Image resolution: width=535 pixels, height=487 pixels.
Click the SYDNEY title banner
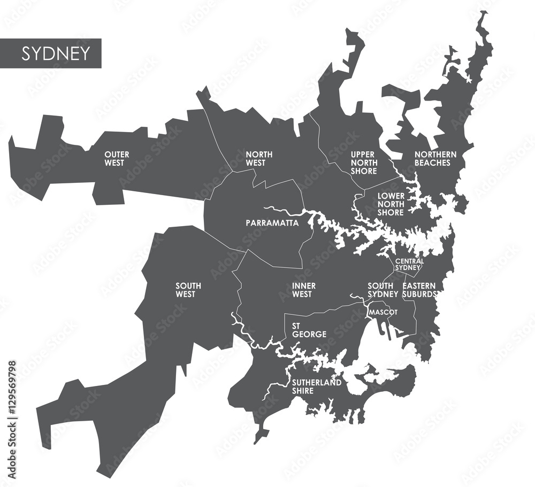[x=51, y=53]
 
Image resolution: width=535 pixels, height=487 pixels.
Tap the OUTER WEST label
[x=117, y=158]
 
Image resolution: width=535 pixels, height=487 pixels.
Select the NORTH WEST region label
[x=259, y=158]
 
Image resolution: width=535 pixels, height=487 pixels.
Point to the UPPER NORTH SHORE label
[x=364, y=163]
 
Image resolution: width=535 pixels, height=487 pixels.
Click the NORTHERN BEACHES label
[x=435, y=158]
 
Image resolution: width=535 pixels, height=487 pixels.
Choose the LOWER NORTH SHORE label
[x=391, y=204]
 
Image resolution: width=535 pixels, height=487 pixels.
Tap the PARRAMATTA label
[x=272, y=223]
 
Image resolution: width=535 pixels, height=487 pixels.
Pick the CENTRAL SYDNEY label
[x=409, y=264]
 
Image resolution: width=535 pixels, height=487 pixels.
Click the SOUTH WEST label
[x=188, y=290]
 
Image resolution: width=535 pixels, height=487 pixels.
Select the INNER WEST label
[x=304, y=290]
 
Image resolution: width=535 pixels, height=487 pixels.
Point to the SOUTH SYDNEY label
[x=383, y=290]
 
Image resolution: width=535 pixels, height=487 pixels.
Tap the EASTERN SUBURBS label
[x=420, y=290]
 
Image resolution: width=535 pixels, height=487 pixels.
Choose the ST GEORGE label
[x=309, y=330]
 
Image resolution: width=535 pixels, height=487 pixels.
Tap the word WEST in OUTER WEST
[x=117, y=163]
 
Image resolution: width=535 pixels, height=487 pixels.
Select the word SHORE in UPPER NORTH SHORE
[x=364, y=171]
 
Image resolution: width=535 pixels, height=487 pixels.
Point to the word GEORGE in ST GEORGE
[x=309, y=334]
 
